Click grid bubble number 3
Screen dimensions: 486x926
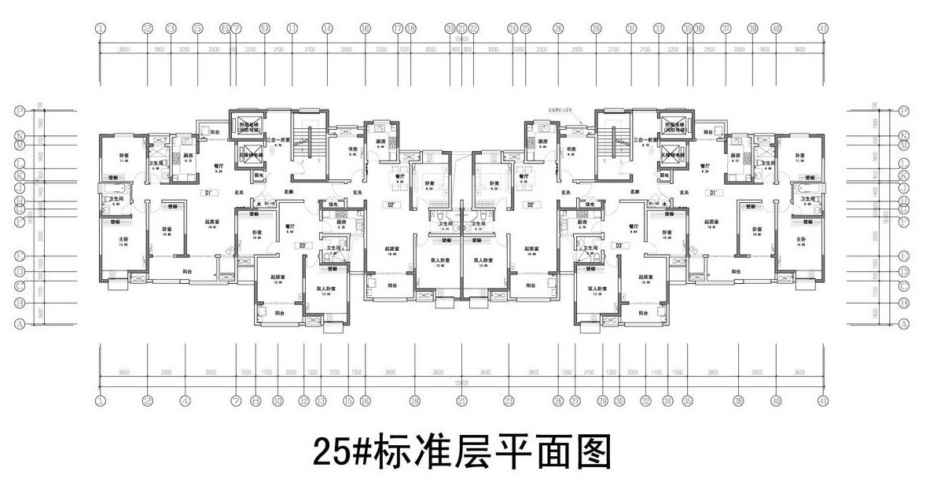pyautogui.click(x=171, y=28)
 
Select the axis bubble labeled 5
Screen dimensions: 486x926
pyautogui.click(x=197, y=28)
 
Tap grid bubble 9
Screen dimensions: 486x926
pyautogui.click(x=265, y=28)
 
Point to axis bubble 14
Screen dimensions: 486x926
pyautogui.click(x=325, y=28)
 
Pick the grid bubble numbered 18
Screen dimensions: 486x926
pyautogui.click(x=410, y=28)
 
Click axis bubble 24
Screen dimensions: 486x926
pyautogui.click(x=513, y=28)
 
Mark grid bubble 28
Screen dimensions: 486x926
pyautogui.click(x=596, y=28)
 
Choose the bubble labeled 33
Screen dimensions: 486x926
pyautogui.click(x=657, y=28)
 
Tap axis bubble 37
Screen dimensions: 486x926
pyautogui.click(x=726, y=28)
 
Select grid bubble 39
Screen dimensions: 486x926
pyautogui.click(x=752, y=28)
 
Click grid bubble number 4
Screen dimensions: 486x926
pyautogui.click(x=185, y=400)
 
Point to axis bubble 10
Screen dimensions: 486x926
pyautogui.click(x=277, y=400)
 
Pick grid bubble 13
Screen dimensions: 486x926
pyautogui.click(x=321, y=400)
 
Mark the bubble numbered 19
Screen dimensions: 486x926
pyautogui.click(x=413, y=400)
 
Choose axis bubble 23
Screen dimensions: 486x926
pyautogui.click(x=509, y=400)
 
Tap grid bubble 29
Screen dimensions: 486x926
pyautogui.click(x=603, y=400)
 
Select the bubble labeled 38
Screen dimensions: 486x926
pyautogui.click(x=738, y=400)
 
